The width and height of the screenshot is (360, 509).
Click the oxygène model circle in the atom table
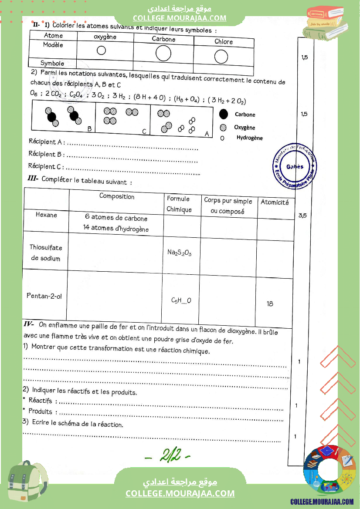[x=101, y=50]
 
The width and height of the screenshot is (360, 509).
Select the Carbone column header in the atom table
[x=163, y=39]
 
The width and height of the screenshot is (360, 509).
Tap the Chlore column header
[x=224, y=42]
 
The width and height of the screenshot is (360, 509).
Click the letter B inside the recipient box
[x=89, y=128]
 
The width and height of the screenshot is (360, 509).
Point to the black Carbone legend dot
[x=224, y=114]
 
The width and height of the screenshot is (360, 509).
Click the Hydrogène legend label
[x=250, y=138]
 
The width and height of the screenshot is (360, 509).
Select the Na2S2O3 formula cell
[x=180, y=253]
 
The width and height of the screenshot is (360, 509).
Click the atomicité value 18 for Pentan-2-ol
[x=270, y=303]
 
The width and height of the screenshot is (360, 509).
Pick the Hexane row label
[x=46, y=215]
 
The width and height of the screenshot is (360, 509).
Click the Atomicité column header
[x=275, y=202]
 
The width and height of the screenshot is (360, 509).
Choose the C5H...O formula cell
[x=181, y=300]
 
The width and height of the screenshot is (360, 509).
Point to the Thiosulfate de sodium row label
[x=46, y=253]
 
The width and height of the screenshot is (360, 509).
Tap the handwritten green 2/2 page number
[x=168, y=455]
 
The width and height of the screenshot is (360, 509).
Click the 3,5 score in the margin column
[x=302, y=215]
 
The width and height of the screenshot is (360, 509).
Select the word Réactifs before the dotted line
[x=40, y=400]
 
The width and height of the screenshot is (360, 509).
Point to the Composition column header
[x=117, y=196]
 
